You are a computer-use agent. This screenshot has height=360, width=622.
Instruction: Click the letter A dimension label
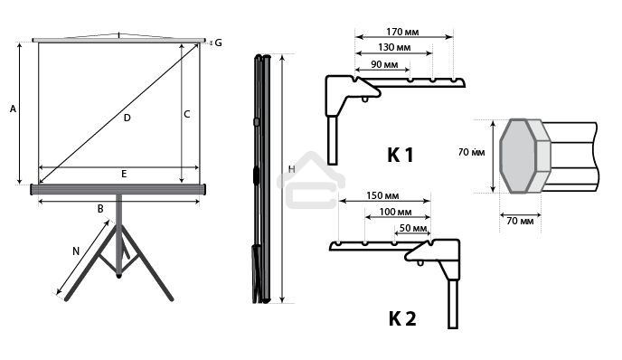[x=13, y=109]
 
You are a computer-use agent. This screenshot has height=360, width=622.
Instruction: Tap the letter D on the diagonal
[x=127, y=118]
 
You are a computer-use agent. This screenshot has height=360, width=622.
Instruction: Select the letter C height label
[x=187, y=114]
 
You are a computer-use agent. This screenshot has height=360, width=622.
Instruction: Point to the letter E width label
[x=124, y=174]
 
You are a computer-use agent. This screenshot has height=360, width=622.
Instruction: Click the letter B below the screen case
[x=100, y=209]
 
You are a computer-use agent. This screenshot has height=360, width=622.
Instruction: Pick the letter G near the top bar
[x=218, y=43]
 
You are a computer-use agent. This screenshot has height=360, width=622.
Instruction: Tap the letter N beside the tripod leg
[x=76, y=251]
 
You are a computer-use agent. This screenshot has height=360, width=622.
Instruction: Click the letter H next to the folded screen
[x=291, y=169]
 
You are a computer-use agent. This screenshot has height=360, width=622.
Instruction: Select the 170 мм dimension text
[x=402, y=32]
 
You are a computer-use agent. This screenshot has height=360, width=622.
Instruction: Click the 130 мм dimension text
[x=394, y=47]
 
